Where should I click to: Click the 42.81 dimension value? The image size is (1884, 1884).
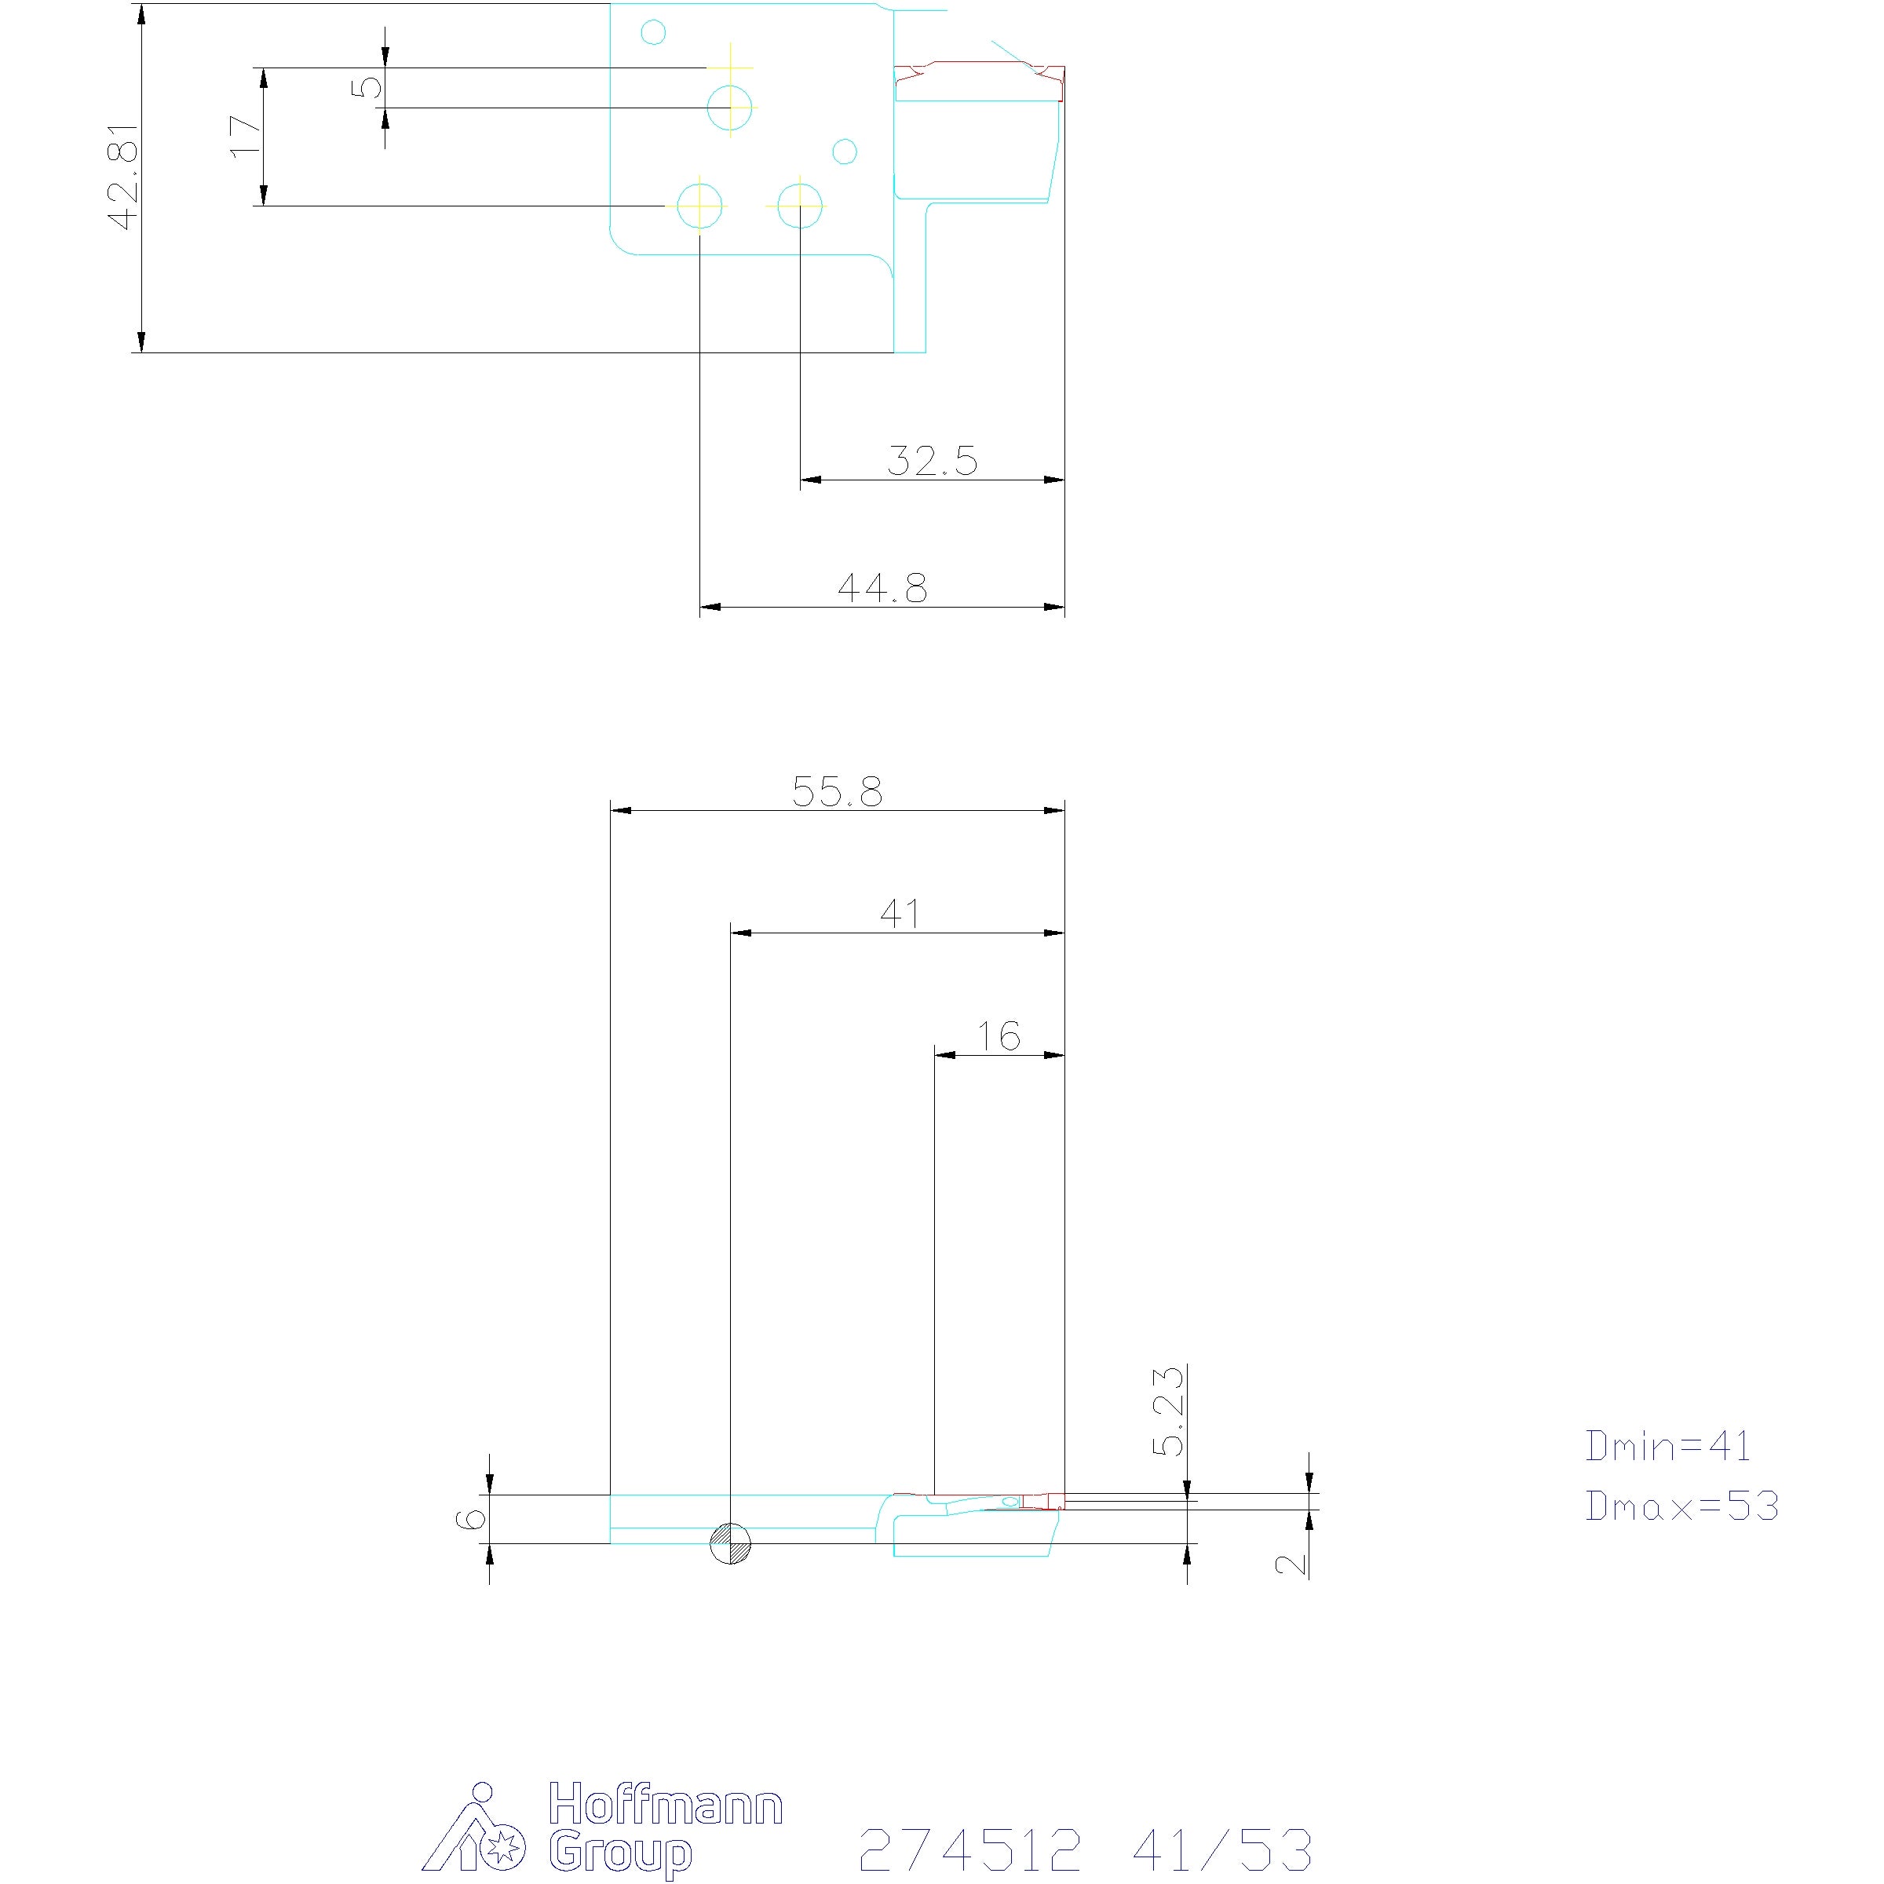[125, 177]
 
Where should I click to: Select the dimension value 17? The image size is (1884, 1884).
[246, 134]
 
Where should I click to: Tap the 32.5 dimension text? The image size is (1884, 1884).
[933, 460]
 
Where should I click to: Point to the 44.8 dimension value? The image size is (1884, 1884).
[882, 587]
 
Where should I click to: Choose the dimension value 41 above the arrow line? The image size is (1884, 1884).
[900, 913]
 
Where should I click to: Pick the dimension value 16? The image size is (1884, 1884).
[999, 1035]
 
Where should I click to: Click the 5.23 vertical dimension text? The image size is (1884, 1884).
[1168, 1411]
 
